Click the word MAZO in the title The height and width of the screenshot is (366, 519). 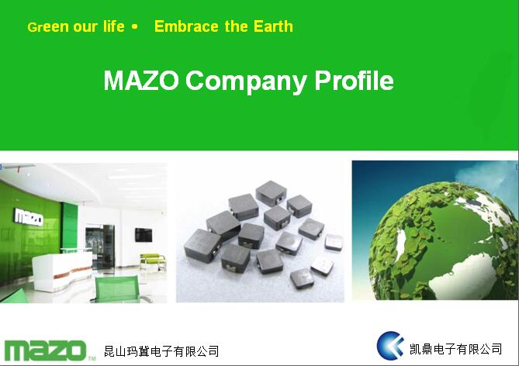pyautogui.click(x=141, y=80)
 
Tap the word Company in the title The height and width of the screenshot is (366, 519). pyautogui.click(x=246, y=81)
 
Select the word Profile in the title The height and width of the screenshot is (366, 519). pyautogui.click(x=354, y=80)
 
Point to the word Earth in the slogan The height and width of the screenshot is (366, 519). pyautogui.click(x=273, y=26)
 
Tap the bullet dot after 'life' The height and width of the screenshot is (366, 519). pyautogui.click(x=134, y=26)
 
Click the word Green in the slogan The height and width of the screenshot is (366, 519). pyautogui.click(x=48, y=27)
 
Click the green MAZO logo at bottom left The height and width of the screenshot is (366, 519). pyautogui.click(x=45, y=350)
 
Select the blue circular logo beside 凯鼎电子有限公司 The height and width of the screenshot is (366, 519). pyautogui.click(x=390, y=346)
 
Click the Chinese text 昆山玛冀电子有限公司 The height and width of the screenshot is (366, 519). pyautogui.click(x=161, y=351)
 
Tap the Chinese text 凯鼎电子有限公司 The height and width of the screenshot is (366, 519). pyautogui.click(x=456, y=349)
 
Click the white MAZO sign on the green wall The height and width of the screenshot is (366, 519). pyautogui.click(x=29, y=217)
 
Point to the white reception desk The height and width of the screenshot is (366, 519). pyautogui.click(x=62, y=271)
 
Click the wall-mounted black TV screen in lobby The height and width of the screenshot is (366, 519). pyautogui.click(x=144, y=235)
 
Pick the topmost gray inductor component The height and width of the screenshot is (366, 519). pyautogui.click(x=271, y=192)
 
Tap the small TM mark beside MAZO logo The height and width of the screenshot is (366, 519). pyautogui.click(x=92, y=358)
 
